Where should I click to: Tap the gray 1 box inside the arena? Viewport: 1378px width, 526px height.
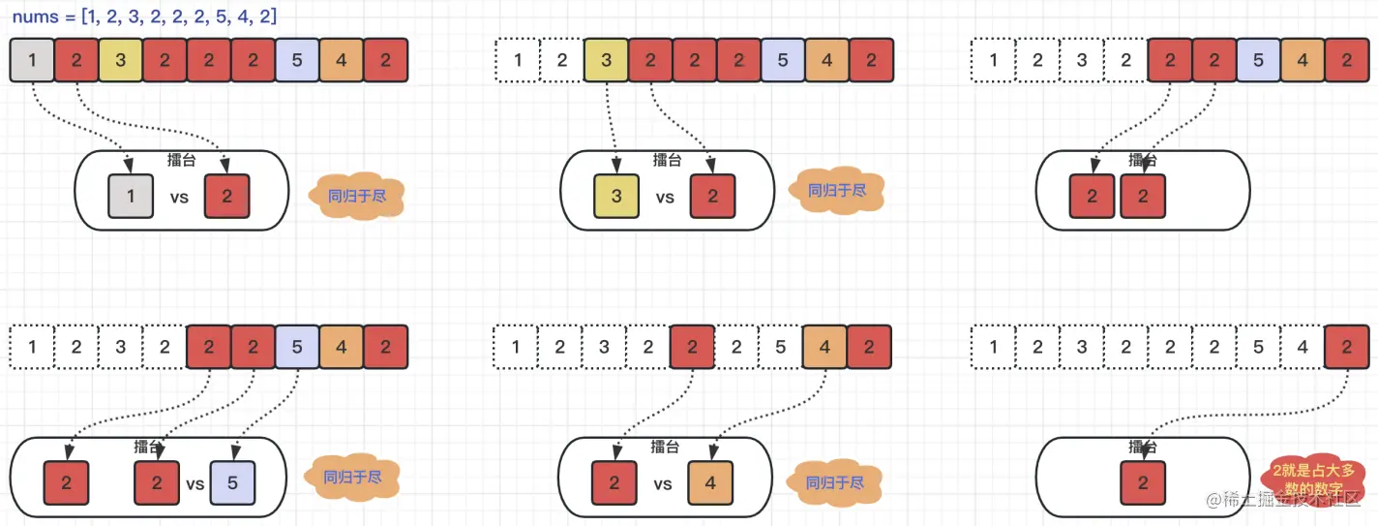[x=131, y=196]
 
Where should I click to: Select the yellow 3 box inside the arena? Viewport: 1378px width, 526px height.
[x=616, y=196]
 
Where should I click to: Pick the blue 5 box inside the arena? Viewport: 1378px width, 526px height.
[x=233, y=482]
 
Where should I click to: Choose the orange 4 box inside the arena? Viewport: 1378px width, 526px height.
[x=710, y=482]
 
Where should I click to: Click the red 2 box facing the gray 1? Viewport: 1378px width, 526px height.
[x=226, y=196]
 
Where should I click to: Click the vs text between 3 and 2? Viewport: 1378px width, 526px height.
[x=665, y=197]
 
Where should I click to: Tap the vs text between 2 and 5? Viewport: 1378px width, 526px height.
[x=195, y=483]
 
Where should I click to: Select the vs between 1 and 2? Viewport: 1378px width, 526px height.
[x=179, y=197]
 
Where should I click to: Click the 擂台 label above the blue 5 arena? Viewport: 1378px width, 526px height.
[x=148, y=447]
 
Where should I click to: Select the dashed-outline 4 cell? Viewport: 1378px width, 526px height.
[x=1303, y=346]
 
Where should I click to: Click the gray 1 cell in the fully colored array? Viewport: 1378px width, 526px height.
[x=33, y=60]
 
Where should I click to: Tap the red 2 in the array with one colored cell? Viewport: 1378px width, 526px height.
[x=1348, y=346]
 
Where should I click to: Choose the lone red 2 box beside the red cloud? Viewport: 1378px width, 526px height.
[x=1143, y=482]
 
